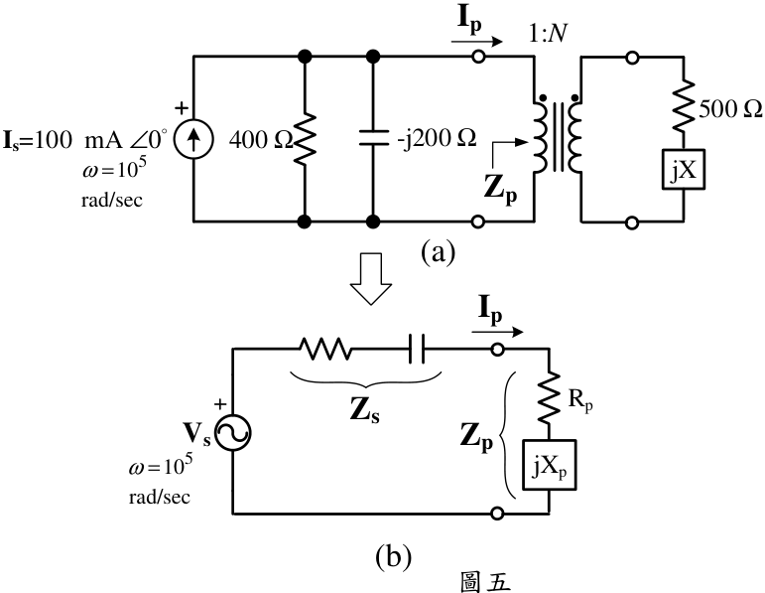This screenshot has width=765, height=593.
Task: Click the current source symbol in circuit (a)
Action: tap(193, 139)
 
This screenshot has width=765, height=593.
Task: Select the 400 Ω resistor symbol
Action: tap(305, 139)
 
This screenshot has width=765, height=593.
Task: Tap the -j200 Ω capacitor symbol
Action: tap(373, 138)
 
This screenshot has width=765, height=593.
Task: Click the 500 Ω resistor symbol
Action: tap(683, 106)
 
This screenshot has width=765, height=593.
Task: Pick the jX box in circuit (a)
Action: tap(683, 169)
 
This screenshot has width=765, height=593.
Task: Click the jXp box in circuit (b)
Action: tap(550, 465)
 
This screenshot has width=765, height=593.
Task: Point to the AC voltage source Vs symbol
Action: tap(233, 433)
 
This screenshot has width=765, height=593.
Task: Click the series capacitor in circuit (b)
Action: tap(417, 349)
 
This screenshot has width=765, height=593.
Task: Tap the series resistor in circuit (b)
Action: tap(324, 349)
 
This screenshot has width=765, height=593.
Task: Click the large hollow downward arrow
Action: tap(371, 279)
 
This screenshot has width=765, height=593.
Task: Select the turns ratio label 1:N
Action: tap(548, 33)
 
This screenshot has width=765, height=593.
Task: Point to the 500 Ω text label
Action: tap(730, 108)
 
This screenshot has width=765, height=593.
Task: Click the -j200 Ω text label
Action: tap(437, 139)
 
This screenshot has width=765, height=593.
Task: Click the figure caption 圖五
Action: tap(485, 582)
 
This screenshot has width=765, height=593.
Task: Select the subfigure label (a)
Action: tap(438, 251)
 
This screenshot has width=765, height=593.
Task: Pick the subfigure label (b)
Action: tap(393, 556)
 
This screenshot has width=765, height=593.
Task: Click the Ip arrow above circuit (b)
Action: tap(497, 332)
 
